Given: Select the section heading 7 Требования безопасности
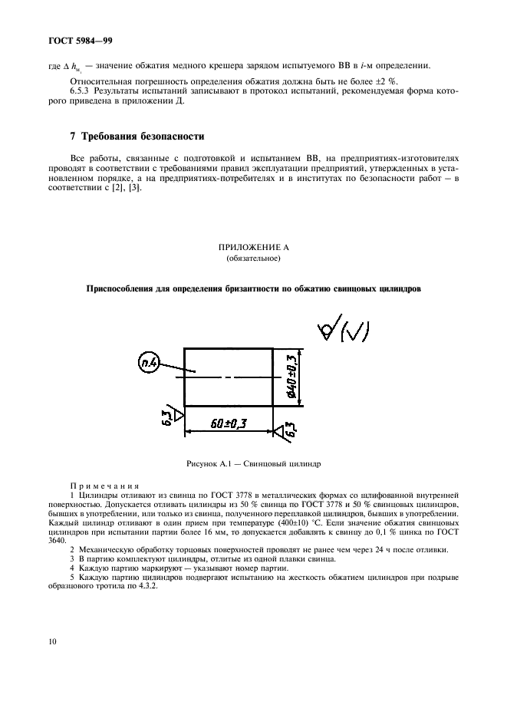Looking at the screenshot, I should (137, 137).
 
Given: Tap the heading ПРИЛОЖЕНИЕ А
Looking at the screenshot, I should (252, 248).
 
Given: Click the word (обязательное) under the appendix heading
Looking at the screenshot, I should (252, 259).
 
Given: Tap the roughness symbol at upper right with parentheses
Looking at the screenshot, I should (343, 331).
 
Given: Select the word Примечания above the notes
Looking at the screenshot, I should (104, 486).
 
